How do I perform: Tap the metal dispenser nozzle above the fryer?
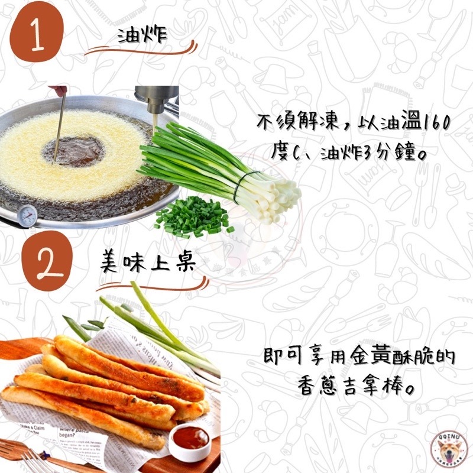(x=156, y=103)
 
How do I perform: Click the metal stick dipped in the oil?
(x=60, y=127)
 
